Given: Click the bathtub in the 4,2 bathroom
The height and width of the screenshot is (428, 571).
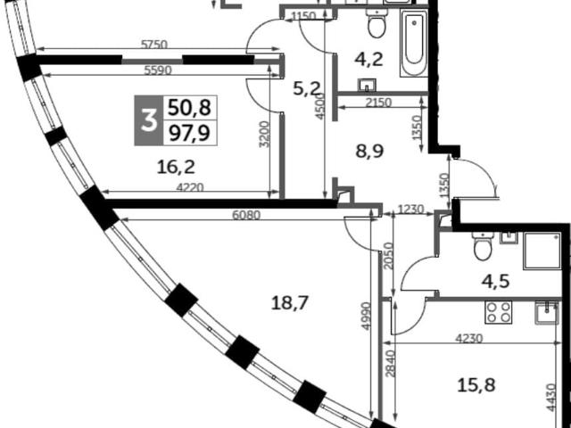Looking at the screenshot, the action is point(414,43).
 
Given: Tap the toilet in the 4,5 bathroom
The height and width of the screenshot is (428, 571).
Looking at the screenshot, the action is point(484,245).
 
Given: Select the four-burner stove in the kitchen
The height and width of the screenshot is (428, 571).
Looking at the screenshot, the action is point(498,312).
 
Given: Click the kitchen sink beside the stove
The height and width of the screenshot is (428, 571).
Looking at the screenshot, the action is point(547,312).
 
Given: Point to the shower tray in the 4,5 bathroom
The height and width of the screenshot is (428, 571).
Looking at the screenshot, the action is point(542,251).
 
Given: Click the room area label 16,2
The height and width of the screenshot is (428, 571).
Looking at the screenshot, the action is point(176,167).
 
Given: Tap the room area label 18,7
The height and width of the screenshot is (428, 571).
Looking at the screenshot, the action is point(290,303).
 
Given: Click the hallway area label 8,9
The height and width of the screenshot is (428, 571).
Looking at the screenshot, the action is point(369,151).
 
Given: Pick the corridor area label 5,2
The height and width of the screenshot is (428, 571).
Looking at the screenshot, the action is point(307,88).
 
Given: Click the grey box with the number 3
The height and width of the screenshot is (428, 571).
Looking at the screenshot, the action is point(149,120).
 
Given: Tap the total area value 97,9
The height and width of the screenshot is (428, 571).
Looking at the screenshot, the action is point(189,133).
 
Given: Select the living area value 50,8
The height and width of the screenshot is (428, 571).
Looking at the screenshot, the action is point(189,107).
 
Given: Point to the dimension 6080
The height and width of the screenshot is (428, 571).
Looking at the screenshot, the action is point(246,215).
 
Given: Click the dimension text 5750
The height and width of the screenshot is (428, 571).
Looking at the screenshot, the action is point(154,45).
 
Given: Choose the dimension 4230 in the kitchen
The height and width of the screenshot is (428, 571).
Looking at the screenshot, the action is point(469,339).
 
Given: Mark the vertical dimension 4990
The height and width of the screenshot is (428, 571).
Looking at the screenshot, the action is point(366,317).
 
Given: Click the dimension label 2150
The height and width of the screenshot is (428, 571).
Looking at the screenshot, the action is point(377,103).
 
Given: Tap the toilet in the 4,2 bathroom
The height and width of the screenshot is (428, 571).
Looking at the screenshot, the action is point(377,23).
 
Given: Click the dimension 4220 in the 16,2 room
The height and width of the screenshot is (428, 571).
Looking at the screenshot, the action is point(190,187).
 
